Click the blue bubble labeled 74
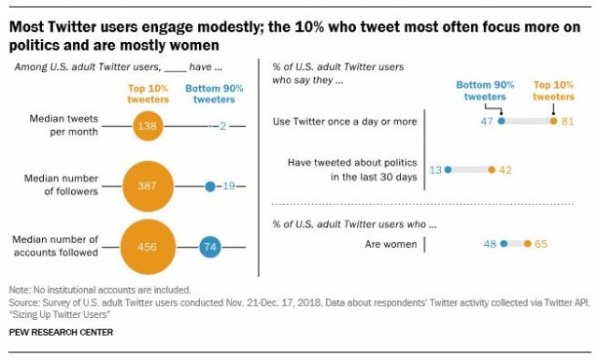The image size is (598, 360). pyautogui.click(x=210, y=247)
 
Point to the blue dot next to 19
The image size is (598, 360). pyautogui.click(x=210, y=187)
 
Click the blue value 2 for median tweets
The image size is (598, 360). pyautogui.click(x=222, y=124)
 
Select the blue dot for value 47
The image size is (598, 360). pyautogui.click(x=502, y=121)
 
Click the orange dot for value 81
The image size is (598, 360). pyautogui.click(x=554, y=121)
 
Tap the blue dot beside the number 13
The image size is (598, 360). pyautogui.click(x=448, y=169)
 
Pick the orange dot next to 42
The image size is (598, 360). pyautogui.click(x=491, y=169)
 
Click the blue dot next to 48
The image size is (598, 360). pyautogui.click(x=504, y=244)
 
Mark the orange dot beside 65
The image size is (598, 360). pyautogui.click(x=527, y=244)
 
